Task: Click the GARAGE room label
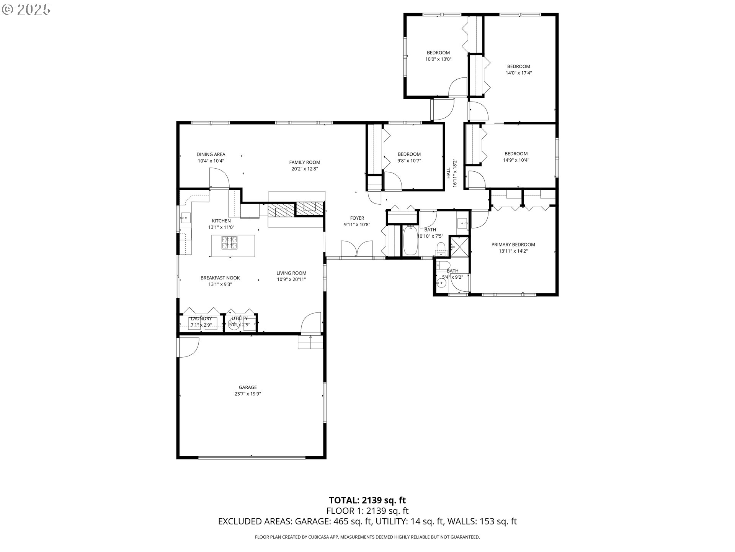(x=248, y=387)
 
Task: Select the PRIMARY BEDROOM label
(x=513, y=245)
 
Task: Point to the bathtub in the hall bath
(x=410, y=240)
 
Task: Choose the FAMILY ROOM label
(x=305, y=162)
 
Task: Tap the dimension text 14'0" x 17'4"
(x=519, y=73)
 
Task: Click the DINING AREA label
(x=211, y=154)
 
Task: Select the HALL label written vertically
(x=448, y=172)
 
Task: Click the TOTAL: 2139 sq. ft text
(x=367, y=500)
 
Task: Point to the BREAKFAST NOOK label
(x=220, y=278)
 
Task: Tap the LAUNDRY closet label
(x=201, y=319)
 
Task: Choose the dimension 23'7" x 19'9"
(x=248, y=394)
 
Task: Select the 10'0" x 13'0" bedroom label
(x=438, y=59)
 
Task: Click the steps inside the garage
(x=310, y=342)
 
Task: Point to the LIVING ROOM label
(x=291, y=273)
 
